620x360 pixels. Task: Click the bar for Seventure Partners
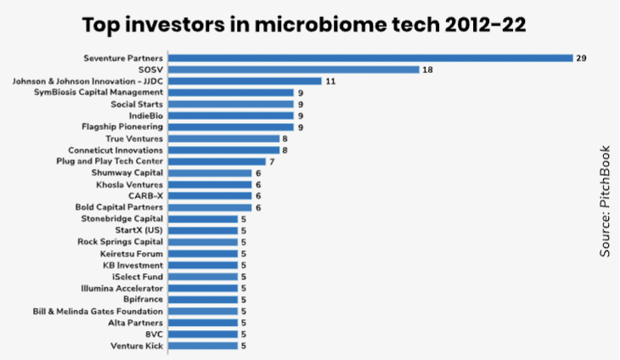[370, 58]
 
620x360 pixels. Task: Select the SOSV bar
[293, 70]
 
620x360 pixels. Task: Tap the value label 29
[581, 58]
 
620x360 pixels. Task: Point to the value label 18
[427, 70]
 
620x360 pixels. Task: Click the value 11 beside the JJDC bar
[330, 82]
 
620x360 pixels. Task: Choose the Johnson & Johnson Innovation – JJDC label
[87, 81]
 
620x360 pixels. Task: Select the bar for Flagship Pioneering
[230, 127]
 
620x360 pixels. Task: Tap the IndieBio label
[146, 115]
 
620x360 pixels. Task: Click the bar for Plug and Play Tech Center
[217, 161]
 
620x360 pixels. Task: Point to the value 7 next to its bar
[272, 162]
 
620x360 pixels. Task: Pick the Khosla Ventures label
[129, 184]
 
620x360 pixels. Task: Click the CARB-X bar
[210, 196]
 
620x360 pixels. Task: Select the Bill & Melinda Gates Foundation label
[98, 312]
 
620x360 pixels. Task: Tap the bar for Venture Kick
[203, 346]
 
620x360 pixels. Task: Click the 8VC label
[154, 335]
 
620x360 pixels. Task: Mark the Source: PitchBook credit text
[605, 201]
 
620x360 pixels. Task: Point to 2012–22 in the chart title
[485, 25]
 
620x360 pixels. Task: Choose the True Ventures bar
[224, 138]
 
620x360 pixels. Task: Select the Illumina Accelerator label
[121, 289]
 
